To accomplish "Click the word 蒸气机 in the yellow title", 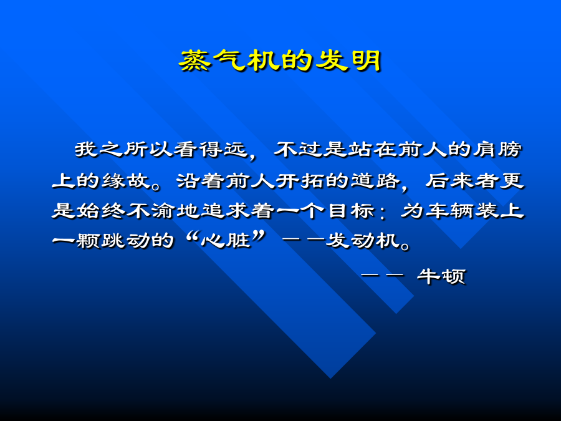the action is coord(228,60).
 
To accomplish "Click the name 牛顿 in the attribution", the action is coord(441,276).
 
